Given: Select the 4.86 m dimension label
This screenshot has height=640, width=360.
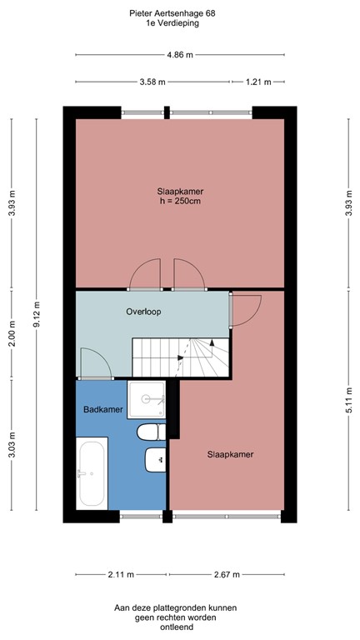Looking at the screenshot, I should coord(180,56).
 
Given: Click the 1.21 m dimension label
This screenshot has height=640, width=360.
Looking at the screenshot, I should coord(259,82).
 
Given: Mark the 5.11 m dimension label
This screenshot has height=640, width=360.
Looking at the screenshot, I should coord(347,401).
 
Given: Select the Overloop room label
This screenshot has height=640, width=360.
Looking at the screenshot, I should coord(143,312).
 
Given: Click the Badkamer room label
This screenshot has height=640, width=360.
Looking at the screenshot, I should coord(103,410).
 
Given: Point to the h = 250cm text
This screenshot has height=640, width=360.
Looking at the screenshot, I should coord(181,202).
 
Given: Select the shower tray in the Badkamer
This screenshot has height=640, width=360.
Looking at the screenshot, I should coord(147,400).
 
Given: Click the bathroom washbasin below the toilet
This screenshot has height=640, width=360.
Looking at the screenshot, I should coord(155,459).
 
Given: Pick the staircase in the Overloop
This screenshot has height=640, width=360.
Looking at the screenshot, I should coord(181,358).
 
